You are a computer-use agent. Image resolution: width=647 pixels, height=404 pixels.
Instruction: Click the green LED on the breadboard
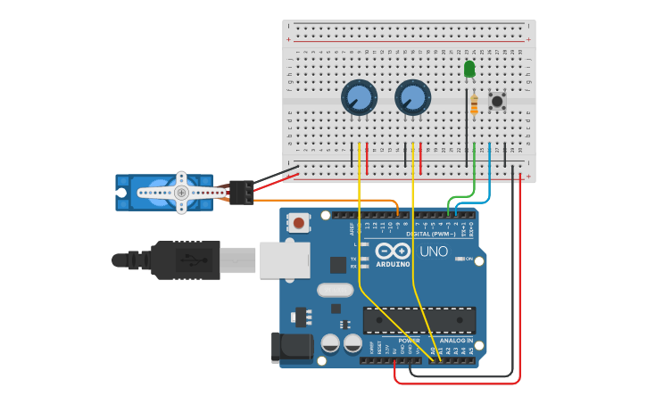pyautogui.click(x=469, y=69)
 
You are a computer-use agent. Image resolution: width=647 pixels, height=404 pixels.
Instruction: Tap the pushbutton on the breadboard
pyautogui.click(x=497, y=101)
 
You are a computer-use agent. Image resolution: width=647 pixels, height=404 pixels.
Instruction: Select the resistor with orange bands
pyautogui.click(x=474, y=104)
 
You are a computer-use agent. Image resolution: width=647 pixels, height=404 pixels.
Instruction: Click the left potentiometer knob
pyautogui.click(x=359, y=98)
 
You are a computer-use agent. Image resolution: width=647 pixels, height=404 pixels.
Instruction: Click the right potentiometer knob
pyautogui.click(x=412, y=98)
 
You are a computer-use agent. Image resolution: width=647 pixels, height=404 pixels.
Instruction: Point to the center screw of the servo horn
pyautogui.click(x=181, y=193)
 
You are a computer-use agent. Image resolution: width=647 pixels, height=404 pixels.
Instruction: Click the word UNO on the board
pyautogui.click(x=434, y=252)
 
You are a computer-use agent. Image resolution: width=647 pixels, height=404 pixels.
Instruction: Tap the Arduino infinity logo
pyautogui.click(x=392, y=252)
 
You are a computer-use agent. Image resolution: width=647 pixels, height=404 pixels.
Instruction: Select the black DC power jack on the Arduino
pyautogui.click(x=291, y=348)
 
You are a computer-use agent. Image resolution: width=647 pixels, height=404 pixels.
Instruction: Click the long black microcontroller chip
pyautogui.click(x=419, y=320)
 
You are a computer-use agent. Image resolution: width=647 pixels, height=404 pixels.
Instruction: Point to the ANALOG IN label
pyautogui.click(x=456, y=341)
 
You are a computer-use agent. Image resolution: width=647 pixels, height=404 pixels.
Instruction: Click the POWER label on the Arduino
pyautogui.click(x=409, y=341)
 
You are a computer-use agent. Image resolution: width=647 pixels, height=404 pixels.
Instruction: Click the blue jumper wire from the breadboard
pyautogui.click(x=488, y=169)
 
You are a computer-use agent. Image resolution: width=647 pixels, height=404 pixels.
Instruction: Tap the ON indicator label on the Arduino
pyautogui.click(x=469, y=259)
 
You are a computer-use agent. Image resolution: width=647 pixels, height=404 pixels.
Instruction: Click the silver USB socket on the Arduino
pyautogui.click(x=284, y=260)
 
